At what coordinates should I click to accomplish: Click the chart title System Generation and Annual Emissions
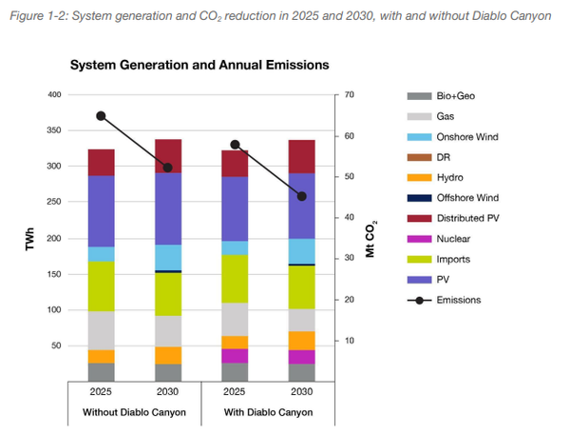199,65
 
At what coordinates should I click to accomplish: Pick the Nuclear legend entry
452,239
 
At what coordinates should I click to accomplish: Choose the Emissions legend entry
459,300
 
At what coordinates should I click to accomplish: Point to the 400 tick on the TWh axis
53,95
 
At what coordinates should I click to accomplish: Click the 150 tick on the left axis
53,274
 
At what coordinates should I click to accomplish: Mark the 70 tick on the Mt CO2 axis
349,95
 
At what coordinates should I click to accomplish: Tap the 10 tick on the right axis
349,341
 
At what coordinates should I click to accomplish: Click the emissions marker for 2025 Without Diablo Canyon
101,116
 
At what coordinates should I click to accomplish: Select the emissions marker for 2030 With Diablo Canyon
302,197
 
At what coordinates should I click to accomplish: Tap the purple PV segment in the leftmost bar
101,211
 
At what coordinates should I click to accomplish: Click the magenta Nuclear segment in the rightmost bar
302,357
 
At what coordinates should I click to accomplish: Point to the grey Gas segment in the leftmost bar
101,330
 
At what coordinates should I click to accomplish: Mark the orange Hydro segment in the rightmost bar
302,341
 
